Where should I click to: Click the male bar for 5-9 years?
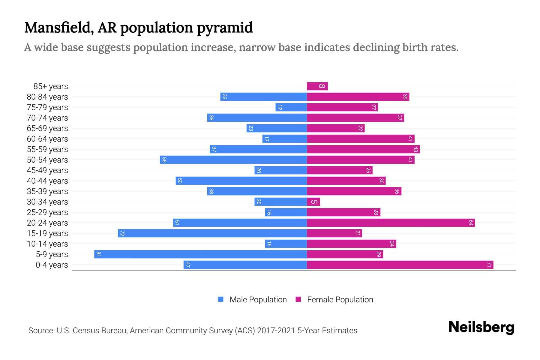tap(200, 254)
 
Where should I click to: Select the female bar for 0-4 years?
tap(400, 265)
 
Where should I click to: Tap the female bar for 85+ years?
tap(317, 86)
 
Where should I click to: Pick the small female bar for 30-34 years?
tap(313, 202)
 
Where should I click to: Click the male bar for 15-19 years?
tap(212, 233)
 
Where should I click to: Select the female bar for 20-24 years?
tap(391, 223)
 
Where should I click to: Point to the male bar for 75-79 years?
tap(291, 107)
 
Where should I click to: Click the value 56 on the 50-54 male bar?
tap(164, 160)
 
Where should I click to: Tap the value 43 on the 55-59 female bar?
tap(415, 149)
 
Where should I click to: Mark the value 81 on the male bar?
tap(98, 254)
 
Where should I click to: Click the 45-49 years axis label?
tap(47, 170)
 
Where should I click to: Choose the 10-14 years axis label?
tap(47, 244)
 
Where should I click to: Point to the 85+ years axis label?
tap(51, 86)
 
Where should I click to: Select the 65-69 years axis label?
tap(47, 128)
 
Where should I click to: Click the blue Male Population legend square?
tap(221, 299)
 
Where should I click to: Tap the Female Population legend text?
tap(340, 299)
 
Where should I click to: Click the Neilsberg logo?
tap(481, 327)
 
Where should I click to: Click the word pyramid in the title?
tap(225, 28)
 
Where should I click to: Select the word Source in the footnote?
tap(41, 330)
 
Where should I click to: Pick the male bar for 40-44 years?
tap(241, 181)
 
